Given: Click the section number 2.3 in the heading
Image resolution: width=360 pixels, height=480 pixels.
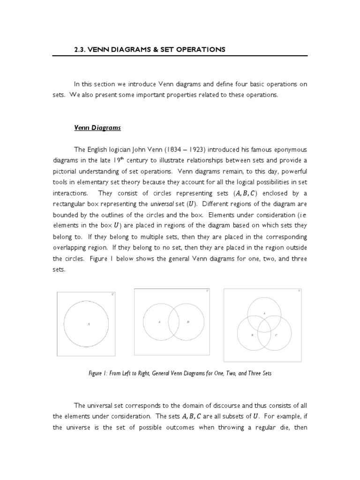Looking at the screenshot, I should [x=81, y=49].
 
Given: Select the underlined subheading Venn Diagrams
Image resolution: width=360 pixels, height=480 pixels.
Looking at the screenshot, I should [x=97, y=127].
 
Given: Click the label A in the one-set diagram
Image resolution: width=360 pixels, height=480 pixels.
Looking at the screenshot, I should [x=88, y=324].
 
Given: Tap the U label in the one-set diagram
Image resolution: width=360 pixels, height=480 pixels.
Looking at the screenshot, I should [x=112, y=294].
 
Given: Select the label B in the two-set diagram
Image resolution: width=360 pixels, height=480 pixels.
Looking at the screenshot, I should [x=188, y=322].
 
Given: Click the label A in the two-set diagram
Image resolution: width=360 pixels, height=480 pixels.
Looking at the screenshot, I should [x=159, y=322].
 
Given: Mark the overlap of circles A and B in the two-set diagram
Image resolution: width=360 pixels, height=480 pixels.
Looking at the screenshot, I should [x=174, y=322].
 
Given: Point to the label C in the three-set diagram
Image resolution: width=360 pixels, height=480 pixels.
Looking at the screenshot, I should [x=276, y=335].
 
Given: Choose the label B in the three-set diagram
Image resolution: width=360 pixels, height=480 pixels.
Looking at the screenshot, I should [x=252, y=335].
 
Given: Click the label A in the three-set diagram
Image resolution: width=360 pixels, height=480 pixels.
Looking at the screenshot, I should [x=264, y=313].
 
